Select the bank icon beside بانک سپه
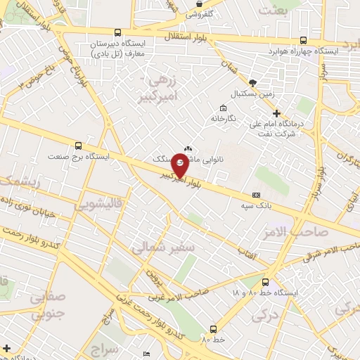click(x=255, y=195)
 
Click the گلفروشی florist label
click(x=203, y=13)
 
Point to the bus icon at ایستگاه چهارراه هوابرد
click(x=303, y=40)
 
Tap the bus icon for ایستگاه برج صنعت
click(x=77, y=146)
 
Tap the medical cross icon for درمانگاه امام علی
click(x=276, y=113)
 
